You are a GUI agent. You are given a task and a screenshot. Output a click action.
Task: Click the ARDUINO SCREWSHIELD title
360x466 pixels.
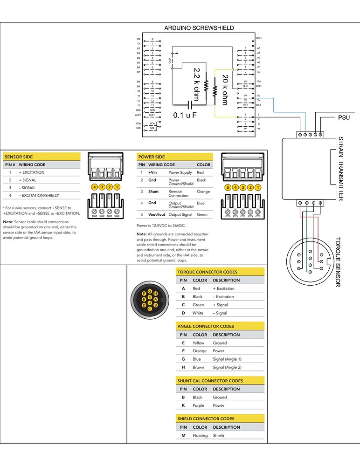[199, 28]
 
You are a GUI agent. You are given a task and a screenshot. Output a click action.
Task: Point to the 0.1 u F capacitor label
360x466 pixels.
[185, 115]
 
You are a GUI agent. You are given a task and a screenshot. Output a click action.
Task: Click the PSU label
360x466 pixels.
[344, 117]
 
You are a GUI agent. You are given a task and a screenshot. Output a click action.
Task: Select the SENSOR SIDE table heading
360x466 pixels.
[19, 157]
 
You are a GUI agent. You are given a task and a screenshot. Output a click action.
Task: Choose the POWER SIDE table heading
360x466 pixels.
[152, 157]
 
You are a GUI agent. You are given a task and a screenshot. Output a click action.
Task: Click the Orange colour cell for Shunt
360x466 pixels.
[203, 192]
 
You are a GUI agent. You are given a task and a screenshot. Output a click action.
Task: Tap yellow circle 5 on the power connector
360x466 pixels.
[228, 187]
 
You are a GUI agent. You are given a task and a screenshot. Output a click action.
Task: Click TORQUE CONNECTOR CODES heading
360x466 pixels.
[207, 272]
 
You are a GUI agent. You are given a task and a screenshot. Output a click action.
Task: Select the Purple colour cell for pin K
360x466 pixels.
[199, 405]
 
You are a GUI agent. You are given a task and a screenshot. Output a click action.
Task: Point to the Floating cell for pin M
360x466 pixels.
[200, 435]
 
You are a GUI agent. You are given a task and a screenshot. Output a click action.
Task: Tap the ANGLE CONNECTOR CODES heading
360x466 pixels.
[206, 326]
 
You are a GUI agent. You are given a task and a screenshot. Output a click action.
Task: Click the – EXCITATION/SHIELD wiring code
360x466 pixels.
[39, 195]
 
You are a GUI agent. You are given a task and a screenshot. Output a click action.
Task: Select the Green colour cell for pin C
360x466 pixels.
[198, 305]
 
